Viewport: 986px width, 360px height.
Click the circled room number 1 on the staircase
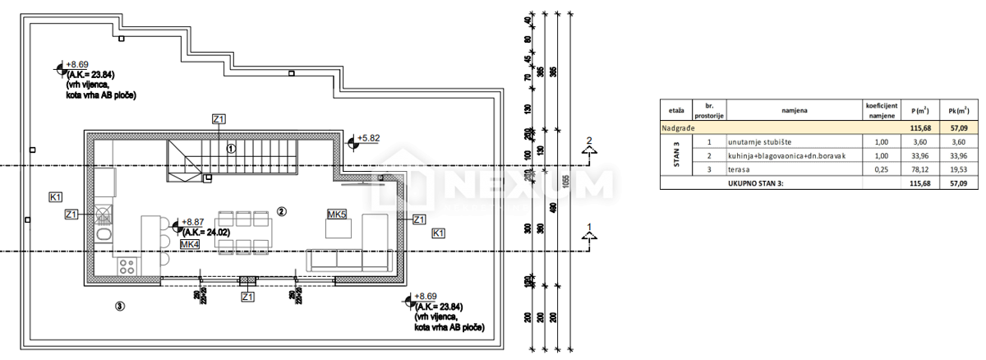pos(232,150)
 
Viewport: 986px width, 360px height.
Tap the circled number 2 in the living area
pos(281,211)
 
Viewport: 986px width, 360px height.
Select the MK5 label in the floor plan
pos(336,214)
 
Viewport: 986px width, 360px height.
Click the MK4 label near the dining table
pos(190,244)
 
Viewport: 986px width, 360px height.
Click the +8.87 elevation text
pos(194,222)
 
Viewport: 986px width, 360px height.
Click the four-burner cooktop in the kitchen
pos(127,265)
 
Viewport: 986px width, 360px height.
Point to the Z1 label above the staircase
pos(219,120)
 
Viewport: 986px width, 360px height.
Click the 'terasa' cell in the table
pos(739,168)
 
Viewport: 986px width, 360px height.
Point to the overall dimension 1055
pos(568,181)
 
